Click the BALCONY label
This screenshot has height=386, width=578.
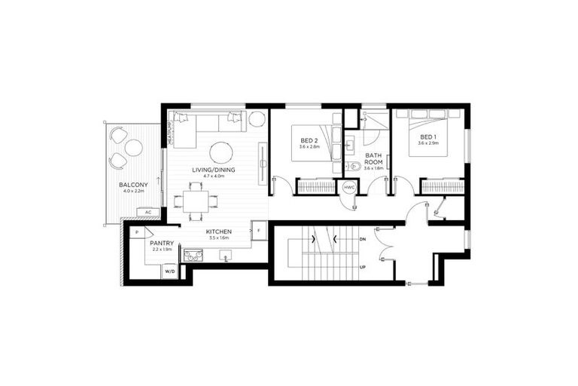click(x=132, y=185)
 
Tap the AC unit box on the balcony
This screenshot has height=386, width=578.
click(x=148, y=212)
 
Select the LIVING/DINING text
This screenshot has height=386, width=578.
click(x=213, y=170)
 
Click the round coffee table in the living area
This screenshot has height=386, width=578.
click(x=221, y=152)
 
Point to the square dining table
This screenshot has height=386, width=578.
click(x=196, y=201)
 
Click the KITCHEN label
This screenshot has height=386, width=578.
click(x=218, y=231)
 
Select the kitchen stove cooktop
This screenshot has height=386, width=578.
click(x=193, y=256)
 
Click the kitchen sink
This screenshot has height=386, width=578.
click(x=225, y=256)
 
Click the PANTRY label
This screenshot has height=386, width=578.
click(x=162, y=243)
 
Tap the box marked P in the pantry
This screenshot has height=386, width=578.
click(x=137, y=233)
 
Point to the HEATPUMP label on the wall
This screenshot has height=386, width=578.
click(x=170, y=133)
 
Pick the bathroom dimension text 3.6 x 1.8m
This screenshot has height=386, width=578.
click(x=374, y=168)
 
